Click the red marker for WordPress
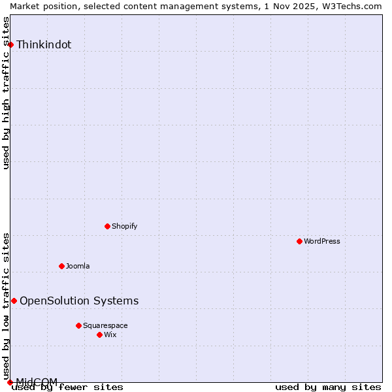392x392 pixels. (299, 241)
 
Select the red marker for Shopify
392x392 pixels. (107, 226)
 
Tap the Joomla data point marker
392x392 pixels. (61, 266)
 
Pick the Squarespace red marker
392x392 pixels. (78, 325)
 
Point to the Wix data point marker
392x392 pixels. (99, 335)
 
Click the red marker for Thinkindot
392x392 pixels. (10, 44)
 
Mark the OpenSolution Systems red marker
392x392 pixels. (14, 301)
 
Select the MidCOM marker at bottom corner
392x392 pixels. (10, 382)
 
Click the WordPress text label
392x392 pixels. (322, 241)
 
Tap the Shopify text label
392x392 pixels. (124, 226)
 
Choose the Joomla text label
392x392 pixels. (78, 266)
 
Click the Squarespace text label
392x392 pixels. (105, 325)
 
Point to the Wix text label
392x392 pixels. (110, 335)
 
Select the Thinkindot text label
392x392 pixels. (44, 44)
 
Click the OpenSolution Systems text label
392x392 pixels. (79, 301)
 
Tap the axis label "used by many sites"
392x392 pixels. (328, 387)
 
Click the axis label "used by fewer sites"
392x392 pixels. (68, 387)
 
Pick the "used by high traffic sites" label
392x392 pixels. (7, 93)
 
